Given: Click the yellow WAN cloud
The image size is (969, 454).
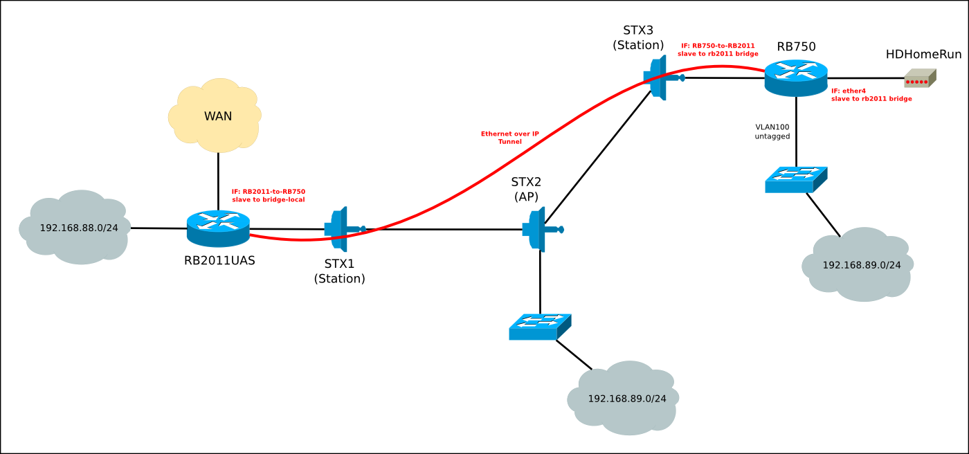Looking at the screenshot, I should tap(215, 116).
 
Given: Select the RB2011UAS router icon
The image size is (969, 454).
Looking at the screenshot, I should tap(218, 228).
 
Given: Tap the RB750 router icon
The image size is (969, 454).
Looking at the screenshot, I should tap(796, 78).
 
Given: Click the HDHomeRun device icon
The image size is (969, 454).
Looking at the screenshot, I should tap(920, 79).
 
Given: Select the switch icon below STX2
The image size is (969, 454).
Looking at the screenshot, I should tap(540, 327).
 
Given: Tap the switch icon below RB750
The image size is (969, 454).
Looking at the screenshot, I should tap(796, 179).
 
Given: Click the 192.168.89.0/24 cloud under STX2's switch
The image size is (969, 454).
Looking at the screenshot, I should tap(623, 398).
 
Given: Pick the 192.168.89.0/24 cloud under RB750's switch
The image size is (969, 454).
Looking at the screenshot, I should tap(858, 264).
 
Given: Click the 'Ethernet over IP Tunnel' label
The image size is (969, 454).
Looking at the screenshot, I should tap(510, 137).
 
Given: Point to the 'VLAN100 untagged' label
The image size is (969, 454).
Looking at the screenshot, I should tap(772, 131).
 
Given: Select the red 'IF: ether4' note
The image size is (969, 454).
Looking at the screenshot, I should tap(871, 95).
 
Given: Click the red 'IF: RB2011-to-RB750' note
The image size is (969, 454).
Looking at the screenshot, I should tap(269, 195).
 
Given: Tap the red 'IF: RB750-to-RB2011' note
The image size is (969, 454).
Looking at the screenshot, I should tap(718, 49).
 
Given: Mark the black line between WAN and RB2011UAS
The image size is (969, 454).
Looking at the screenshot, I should tap(218, 180).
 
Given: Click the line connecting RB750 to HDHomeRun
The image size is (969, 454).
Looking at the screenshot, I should tap(865, 78).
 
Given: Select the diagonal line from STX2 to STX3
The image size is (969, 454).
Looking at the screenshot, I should tap(599, 156).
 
